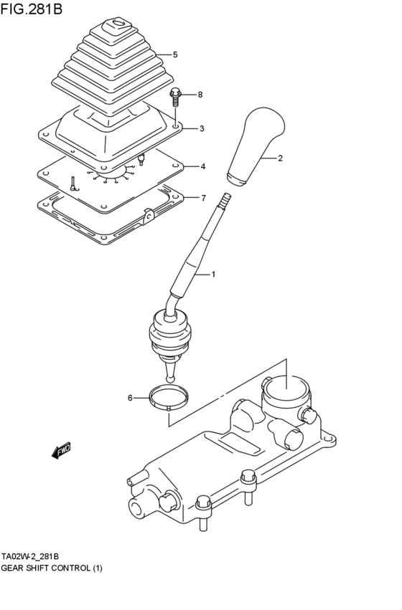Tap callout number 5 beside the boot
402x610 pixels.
point(175,54)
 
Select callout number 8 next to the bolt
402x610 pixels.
point(200,95)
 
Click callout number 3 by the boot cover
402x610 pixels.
point(202,129)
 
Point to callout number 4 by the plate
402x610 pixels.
point(203,166)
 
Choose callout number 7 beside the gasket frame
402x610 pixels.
point(203,197)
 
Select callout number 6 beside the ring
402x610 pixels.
point(130,397)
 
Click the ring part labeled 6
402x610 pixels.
point(169,396)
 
